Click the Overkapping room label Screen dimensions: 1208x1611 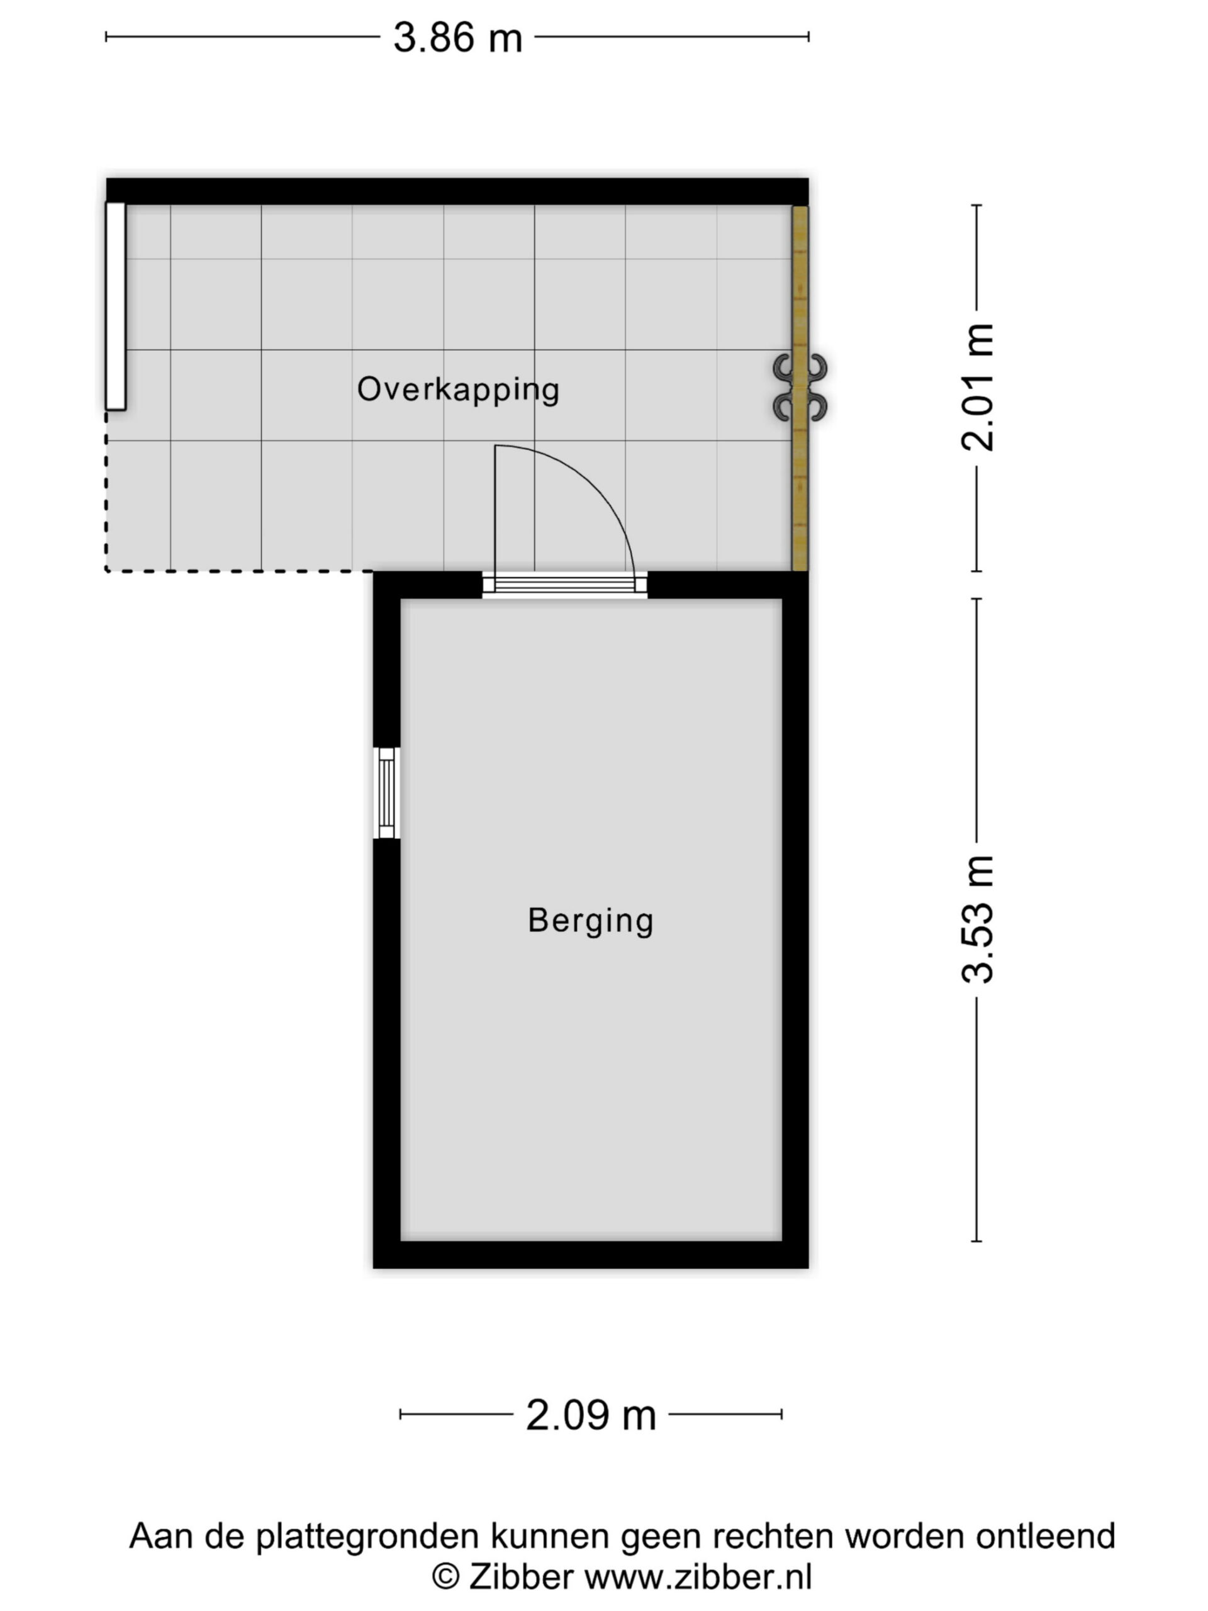[x=458, y=390]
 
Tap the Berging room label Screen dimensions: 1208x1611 [x=591, y=921]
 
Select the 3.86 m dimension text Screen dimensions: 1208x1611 [x=458, y=37]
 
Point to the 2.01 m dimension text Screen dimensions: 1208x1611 [x=977, y=387]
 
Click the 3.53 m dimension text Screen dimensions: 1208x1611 [x=977, y=920]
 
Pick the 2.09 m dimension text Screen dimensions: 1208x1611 [x=591, y=1415]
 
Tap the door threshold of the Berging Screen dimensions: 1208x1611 [x=564, y=584]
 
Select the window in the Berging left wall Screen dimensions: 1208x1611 [x=387, y=793]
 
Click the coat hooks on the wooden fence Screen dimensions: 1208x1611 [x=800, y=388]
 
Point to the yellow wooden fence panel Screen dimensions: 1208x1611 [x=800, y=388]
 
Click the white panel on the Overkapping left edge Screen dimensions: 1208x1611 [x=116, y=306]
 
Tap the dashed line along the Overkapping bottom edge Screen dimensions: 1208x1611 [x=240, y=571]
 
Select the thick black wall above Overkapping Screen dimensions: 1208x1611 [x=457, y=191]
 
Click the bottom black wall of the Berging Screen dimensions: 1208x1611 [x=591, y=1255]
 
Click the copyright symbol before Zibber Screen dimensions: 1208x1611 [x=445, y=1578]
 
